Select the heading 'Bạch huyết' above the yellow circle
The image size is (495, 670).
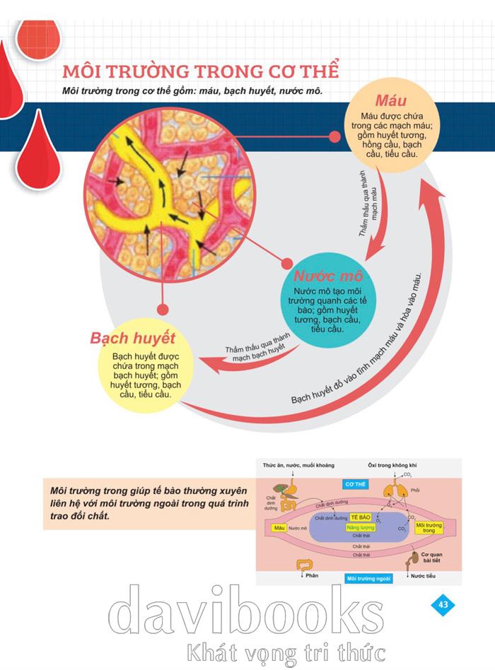click(132, 337)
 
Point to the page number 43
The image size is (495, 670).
click(443, 604)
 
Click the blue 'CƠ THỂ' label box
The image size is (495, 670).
click(356, 486)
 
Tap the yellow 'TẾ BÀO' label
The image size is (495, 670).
click(361, 517)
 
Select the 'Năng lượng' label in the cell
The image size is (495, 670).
click(361, 528)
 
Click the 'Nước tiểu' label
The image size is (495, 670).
click(423, 577)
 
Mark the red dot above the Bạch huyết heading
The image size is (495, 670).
click(162, 309)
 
